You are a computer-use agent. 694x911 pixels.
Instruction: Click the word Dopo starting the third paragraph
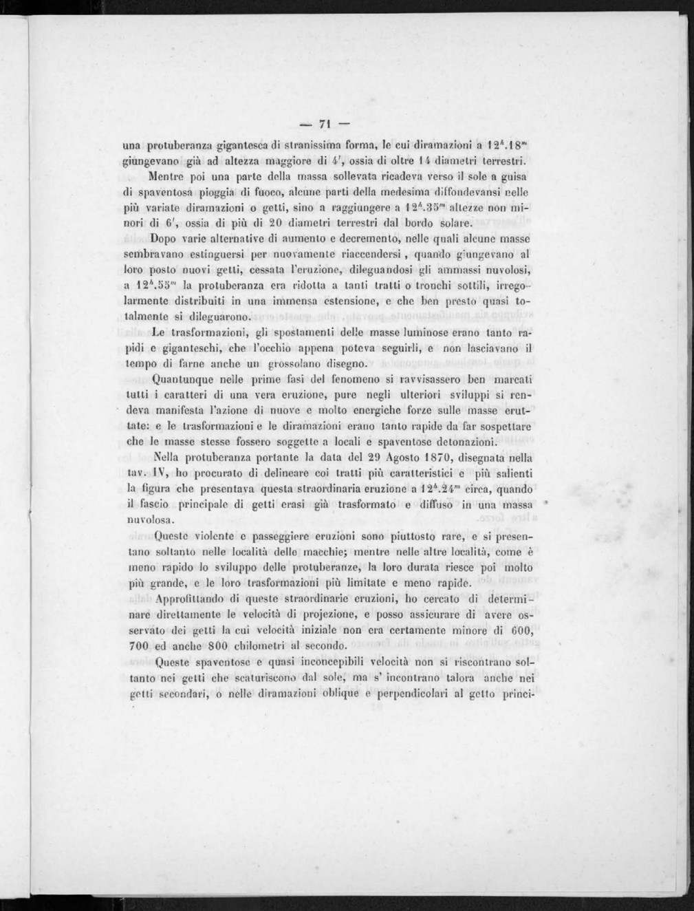click(163, 239)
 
